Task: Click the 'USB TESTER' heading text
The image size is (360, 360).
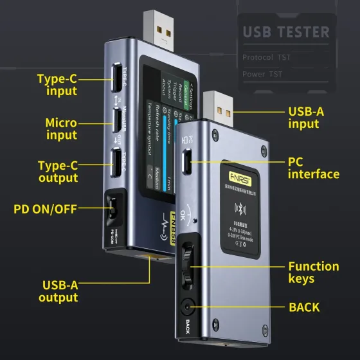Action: click(x=285, y=32)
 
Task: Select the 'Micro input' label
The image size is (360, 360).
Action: click(x=61, y=129)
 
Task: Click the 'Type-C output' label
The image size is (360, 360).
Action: click(x=58, y=172)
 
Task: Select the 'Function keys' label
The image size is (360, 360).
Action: click(x=314, y=272)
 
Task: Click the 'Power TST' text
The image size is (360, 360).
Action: click(x=262, y=75)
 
